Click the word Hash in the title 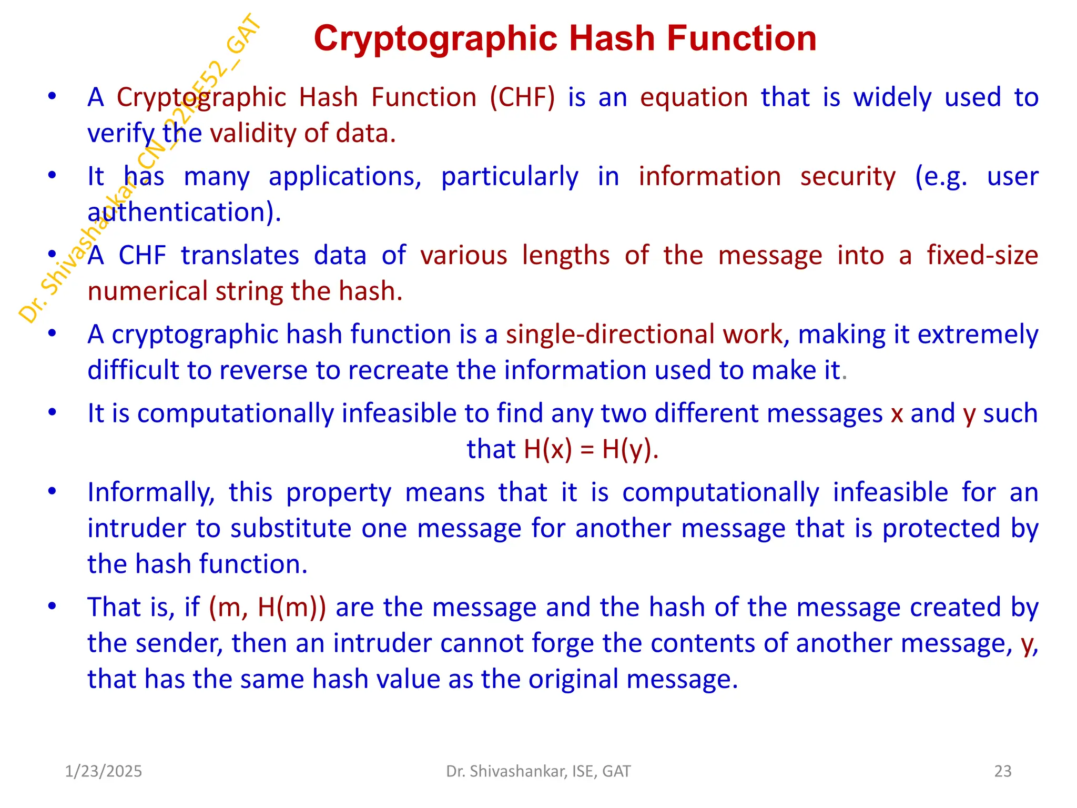click(x=611, y=39)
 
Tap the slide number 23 click(x=1003, y=771)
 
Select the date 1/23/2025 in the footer click(x=104, y=771)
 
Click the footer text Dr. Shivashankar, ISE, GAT click(x=538, y=771)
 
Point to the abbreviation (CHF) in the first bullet click(x=522, y=98)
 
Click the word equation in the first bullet click(x=694, y=98)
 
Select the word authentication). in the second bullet click(x=184, y=213)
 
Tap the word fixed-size click(x=982, y=256)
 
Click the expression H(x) click(x=547, y=450)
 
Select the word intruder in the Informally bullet click(x=136, y=529)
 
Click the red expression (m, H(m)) click(x=267, y=608)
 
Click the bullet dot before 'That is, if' click(x=52, y=607)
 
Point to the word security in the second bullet click(x=848, y=177)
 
